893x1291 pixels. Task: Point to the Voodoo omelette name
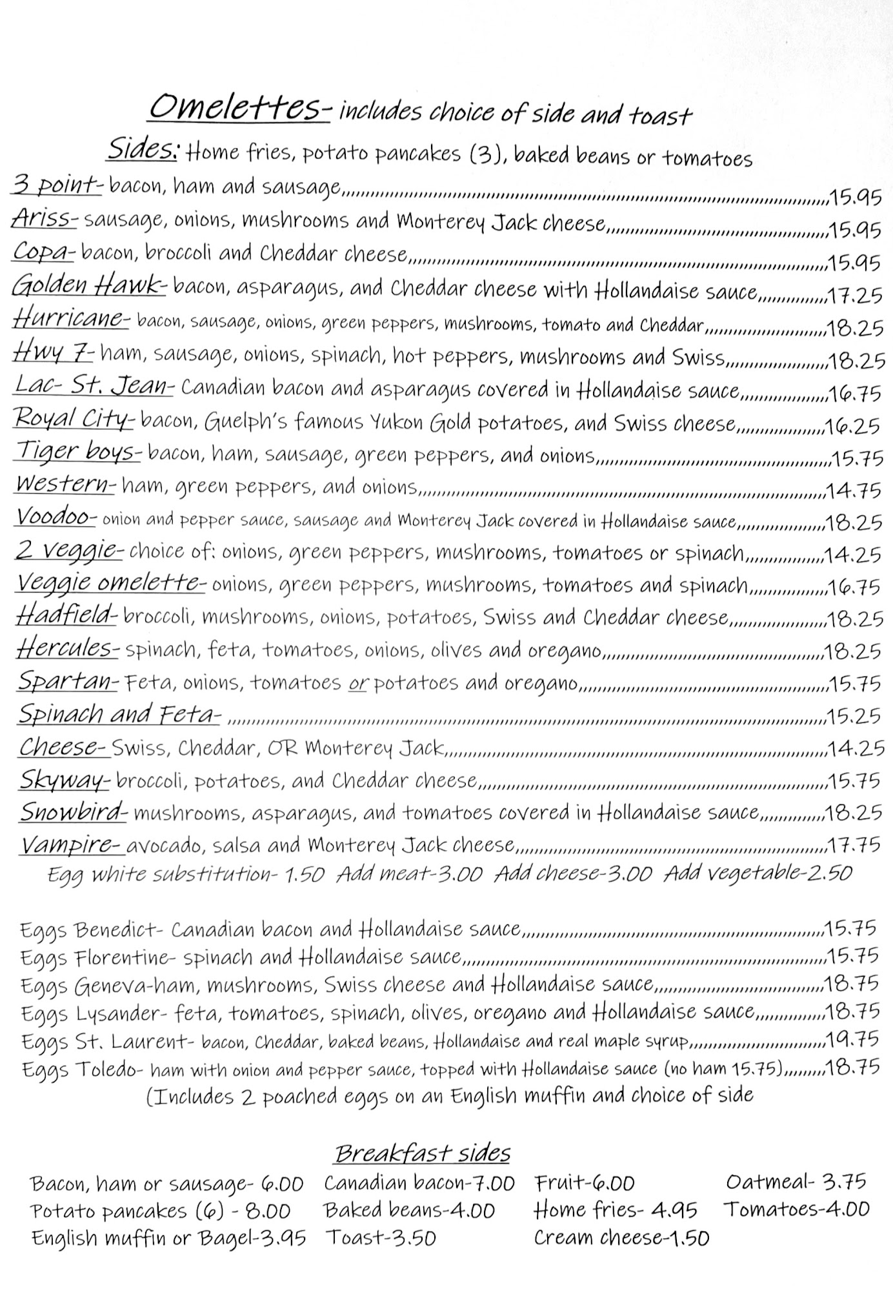(56, 517)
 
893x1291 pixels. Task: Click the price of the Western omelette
(854, 491)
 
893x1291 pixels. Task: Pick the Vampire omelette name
(70, 845)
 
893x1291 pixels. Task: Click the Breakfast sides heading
(423, 1152)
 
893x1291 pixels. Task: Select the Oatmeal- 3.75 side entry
(796, 1182)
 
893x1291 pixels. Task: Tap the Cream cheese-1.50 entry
(621, 1237)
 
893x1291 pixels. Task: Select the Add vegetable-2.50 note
(758, 873)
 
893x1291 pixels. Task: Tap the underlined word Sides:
(143, 150)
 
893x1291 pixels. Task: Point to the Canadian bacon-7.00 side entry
(419, 1183)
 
